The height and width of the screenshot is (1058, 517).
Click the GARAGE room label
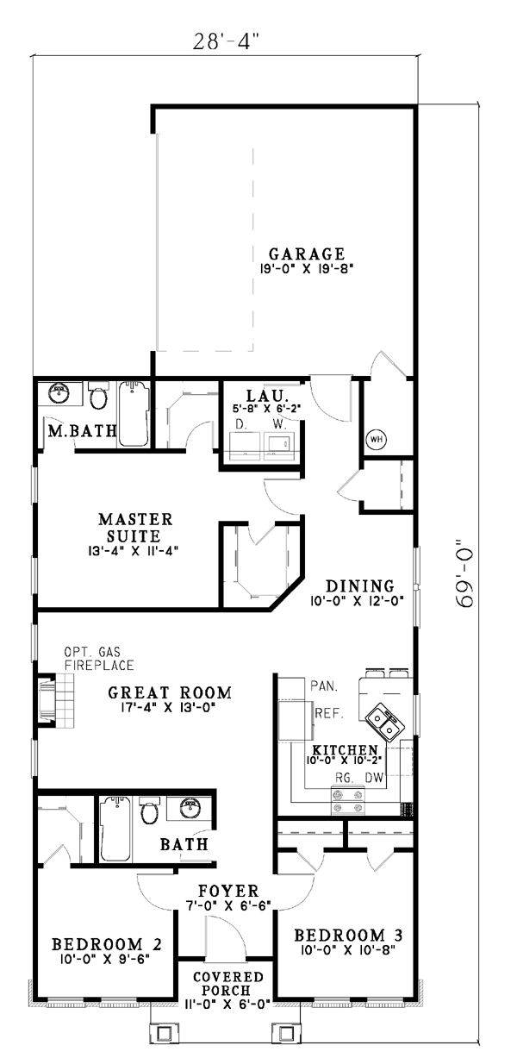(x=307, y=254)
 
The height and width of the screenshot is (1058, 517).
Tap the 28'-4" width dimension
(x=226, y=41)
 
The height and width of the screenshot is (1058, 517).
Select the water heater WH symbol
(x=377, y=440)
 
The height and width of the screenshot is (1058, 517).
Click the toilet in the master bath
(x=99, y=397)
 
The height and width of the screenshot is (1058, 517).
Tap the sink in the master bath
(x=59, y=393)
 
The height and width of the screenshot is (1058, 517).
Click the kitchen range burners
(x=349, y=801)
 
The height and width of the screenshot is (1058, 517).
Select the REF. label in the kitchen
(x=329, y=713)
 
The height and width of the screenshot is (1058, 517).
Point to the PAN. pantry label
(x=324, y=686)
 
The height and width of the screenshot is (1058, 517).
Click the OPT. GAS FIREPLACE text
(x=99, y=659)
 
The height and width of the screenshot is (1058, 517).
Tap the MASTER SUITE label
(x=135, y=528)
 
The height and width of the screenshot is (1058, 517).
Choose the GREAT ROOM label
(x=170, y=693)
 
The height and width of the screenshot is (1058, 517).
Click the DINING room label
(x=360, y=586)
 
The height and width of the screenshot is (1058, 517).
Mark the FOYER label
(x=228, y=891)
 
